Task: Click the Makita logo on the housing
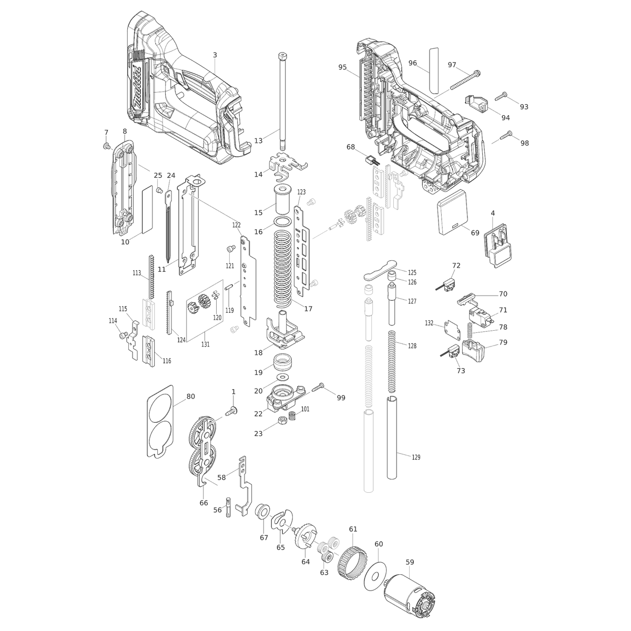138,90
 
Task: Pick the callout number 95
343,67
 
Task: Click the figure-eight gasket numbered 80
159,421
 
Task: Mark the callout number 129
416,457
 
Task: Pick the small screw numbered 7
106,145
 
